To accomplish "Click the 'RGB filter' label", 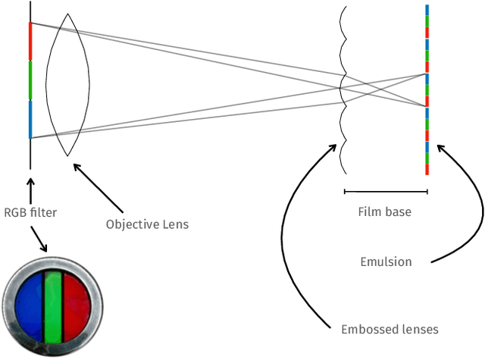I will pos(30,212).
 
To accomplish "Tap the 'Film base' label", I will pos(385,212).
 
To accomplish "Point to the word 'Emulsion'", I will pos(386,262).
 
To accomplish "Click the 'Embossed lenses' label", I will pos(390,329).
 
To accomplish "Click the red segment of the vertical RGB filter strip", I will pos(30,42).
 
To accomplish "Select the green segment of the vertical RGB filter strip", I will pos(30,80).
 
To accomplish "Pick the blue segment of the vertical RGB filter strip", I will pos(30,120).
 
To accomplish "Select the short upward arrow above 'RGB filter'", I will pos(30,189).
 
